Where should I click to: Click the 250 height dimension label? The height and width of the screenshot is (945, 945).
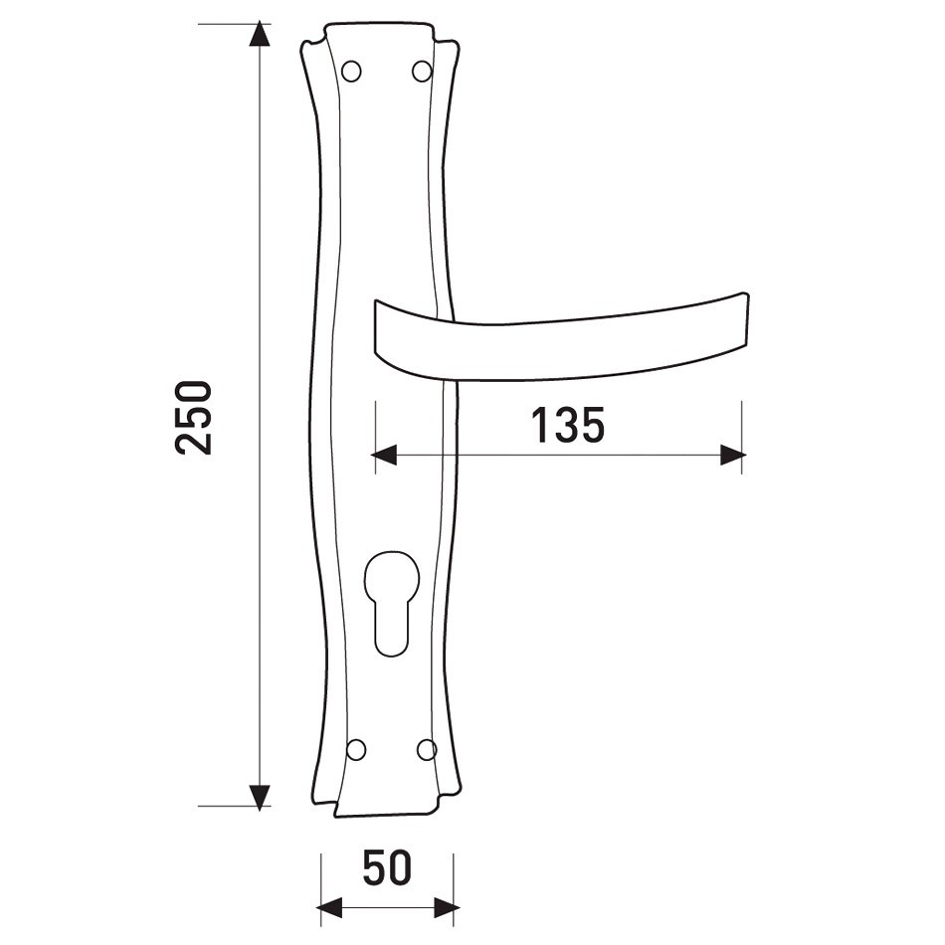193,418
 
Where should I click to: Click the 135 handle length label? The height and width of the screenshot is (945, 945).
567,426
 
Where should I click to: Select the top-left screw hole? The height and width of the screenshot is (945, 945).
351,71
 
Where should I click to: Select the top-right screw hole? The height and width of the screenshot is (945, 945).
422,71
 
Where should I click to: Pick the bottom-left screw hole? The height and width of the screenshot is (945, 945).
356,749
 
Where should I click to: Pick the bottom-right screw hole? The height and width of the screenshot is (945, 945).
427,749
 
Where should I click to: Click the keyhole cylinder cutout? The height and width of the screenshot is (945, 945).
391,603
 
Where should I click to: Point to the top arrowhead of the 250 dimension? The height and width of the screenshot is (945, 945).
260,34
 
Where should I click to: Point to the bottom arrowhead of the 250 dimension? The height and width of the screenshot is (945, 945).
260,798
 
